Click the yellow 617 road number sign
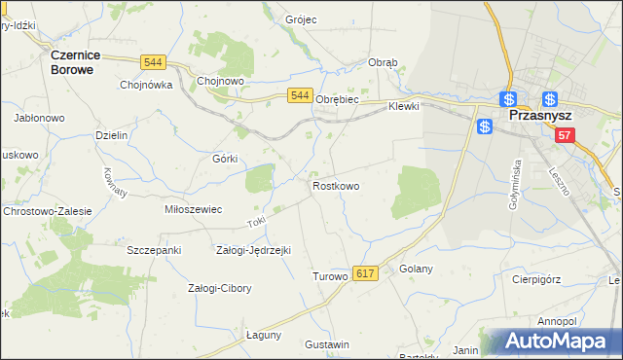click(365, 275)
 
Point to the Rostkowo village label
click(336, 185)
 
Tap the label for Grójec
click(302, 19)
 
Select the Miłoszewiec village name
click(194, 209)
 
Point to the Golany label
click(416, 269)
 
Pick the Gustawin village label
click(326, 345)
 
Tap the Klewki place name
click(403, 106)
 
